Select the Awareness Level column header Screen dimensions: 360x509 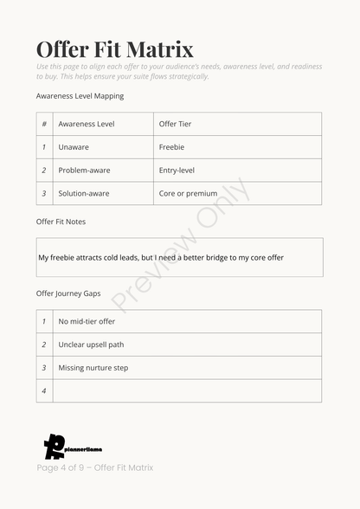[x=86, y=124]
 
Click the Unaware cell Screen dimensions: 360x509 [x=74, y=147]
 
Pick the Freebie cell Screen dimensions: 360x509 [x=171, y=147]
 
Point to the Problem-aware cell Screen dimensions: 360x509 [x=84, y=171]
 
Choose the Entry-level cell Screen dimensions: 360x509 [x=177, y=171]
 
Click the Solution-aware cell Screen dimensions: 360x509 [x=84, y=193]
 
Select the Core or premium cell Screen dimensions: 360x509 [x=188, y=193]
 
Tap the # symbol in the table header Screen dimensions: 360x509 [x=44, y=124]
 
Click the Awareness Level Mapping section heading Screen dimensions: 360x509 [x=80, y=96]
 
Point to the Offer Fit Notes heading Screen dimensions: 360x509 [x=61, y=222]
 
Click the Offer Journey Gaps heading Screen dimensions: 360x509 [x=68, y=293]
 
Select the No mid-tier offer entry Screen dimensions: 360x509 [x=87, y=321]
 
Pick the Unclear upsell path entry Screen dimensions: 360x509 [x=91, y=345]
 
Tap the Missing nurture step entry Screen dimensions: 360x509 [x=93, y=368]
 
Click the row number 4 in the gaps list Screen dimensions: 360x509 [x=44, y=391]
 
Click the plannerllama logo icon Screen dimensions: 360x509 [x=55, y=446]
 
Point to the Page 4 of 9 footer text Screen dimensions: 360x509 [x=94, y=468]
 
